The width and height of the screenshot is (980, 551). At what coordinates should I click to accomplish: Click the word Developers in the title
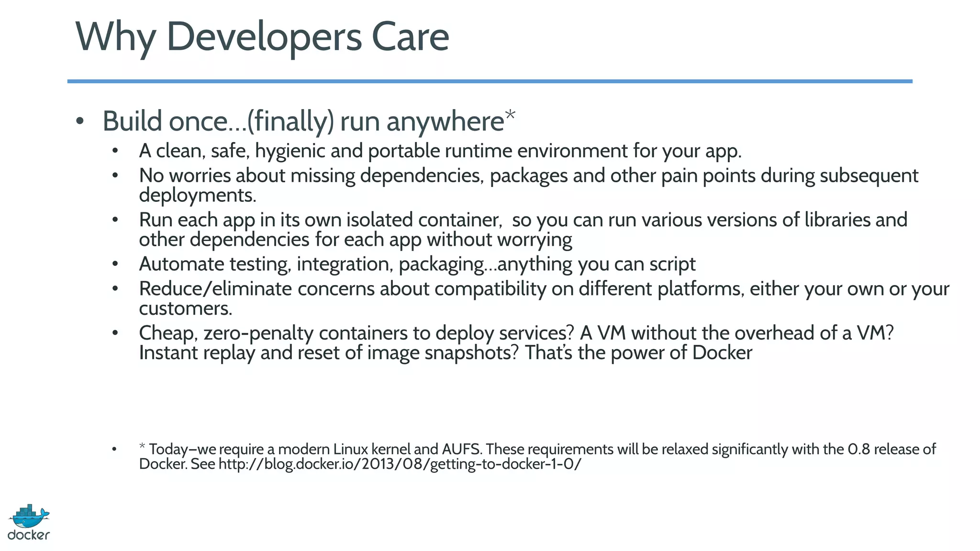(x=264, y=37)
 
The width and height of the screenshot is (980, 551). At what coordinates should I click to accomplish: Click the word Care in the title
(x=410, y=37)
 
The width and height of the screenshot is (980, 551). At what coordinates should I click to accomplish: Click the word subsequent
(x=869, y=176)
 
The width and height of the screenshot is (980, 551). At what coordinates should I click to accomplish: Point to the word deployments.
(x=198, y=196)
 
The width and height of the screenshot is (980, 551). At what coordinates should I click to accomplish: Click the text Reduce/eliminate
(x=215, y=289)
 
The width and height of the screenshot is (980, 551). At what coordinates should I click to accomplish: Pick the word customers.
(x=185, y=309)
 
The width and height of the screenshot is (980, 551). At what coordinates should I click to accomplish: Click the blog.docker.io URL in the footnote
(x=400, y=464)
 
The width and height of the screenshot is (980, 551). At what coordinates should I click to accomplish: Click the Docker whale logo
(x=29, y=521)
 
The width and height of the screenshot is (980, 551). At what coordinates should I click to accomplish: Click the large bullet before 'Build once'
(x=80, y=121)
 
